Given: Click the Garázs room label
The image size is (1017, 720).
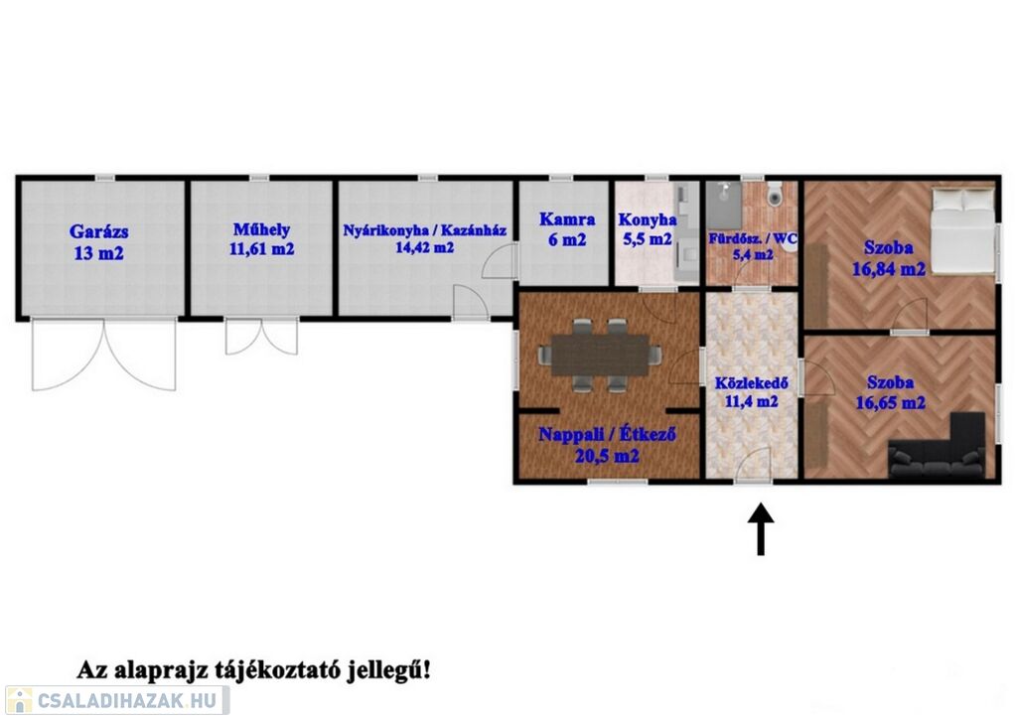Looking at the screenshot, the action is click(98, 231).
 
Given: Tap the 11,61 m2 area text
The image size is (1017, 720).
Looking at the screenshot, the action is click(261, 249).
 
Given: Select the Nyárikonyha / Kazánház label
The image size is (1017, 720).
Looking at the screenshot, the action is click(425, 230).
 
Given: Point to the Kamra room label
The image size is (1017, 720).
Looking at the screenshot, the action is click(567, 219).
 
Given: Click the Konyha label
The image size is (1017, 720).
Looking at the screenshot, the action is click(648, 219).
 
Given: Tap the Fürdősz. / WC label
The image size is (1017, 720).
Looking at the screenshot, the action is click(753, 238).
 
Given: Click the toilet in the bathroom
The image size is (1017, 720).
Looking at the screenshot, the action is click(775, 194).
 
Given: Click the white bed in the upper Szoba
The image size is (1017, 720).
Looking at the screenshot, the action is click(962, 230).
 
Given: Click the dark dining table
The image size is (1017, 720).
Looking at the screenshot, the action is click(600, 356).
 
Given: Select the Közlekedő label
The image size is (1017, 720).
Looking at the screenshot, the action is click(751, 383).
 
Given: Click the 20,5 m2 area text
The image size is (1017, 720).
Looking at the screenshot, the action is click(607, 457).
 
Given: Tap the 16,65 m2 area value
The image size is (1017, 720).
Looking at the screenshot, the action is click(890, 403).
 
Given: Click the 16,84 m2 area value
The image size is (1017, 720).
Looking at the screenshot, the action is click(888, 268).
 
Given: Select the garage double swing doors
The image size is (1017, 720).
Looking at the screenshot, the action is click(103, 355).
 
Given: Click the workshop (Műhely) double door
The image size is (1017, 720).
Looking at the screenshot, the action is click(261, 337).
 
